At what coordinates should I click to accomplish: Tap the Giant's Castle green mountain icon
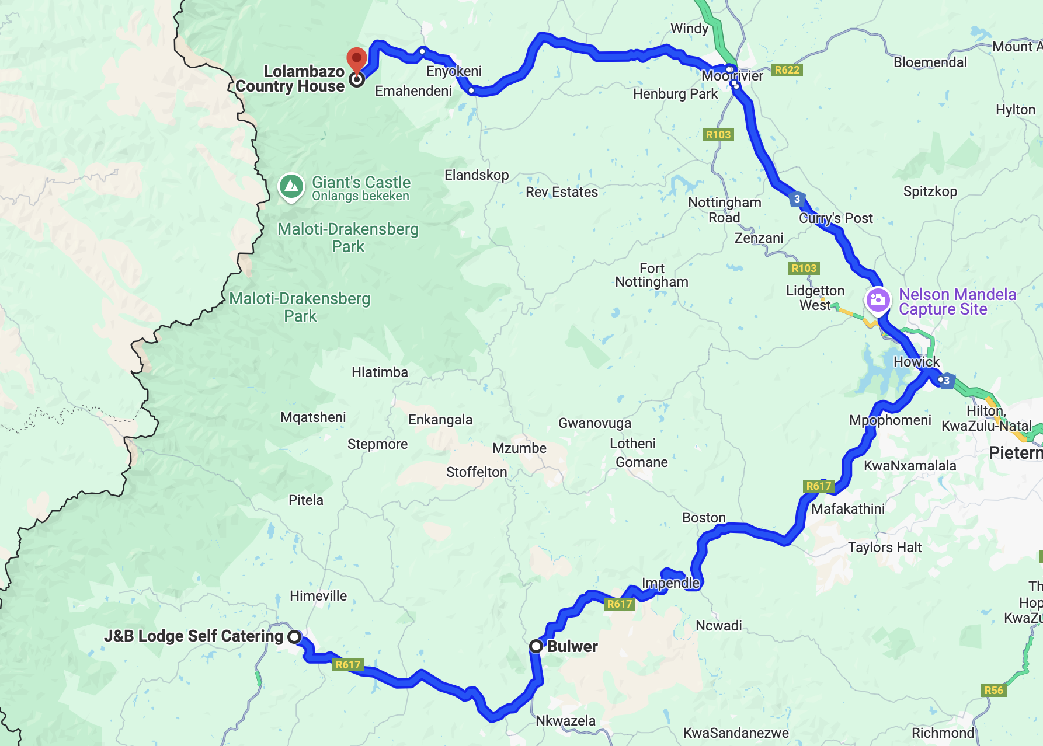point(291,187)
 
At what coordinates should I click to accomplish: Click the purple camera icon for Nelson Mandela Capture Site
point(877,301)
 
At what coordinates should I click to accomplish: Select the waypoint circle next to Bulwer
point(536,646)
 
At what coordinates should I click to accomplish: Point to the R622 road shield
point(787,70)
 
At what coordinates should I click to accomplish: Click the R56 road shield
point(993,691)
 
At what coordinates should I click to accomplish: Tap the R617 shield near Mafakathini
point(818,486)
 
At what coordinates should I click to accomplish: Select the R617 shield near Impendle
point(619,604)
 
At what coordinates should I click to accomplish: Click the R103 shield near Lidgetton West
point(804,269)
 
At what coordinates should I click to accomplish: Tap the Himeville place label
point(318,596)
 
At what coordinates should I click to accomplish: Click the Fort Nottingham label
point(652,275)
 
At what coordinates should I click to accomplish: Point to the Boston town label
point(704,518)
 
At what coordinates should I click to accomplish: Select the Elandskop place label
point(477,175)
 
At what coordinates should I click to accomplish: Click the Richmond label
point(943,733)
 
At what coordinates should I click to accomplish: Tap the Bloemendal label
point(930,62)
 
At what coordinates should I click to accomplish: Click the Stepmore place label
point(377,444)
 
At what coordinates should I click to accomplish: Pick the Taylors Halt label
point(885,548)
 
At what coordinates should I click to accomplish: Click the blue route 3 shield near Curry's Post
point(797,199)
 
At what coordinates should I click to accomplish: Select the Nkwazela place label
point(565,721)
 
